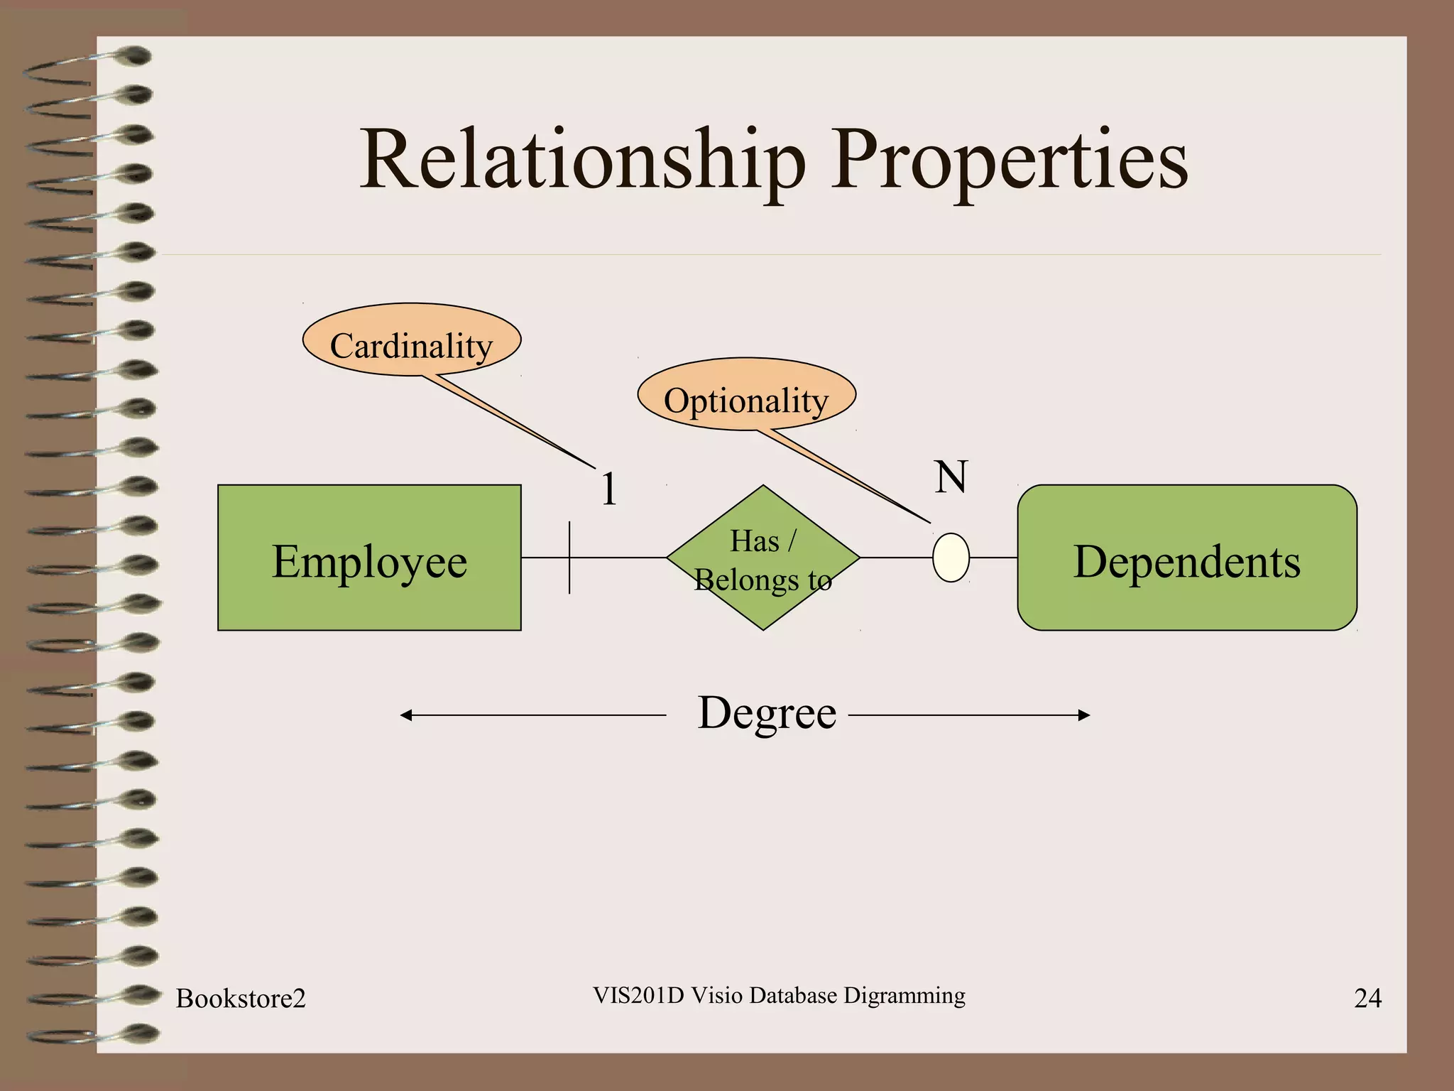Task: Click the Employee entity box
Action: (x=369, y=558)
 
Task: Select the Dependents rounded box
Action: (x=1186, y=558)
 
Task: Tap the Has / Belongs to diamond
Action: (x=763, y=558)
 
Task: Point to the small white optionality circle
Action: (x=951, y=558)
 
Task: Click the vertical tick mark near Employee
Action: (x=569, y=558)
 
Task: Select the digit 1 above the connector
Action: (x=608, y=489)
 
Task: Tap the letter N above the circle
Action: (x=951, y=477)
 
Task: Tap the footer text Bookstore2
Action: (x=241, y=999)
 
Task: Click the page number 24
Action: (x=1367, y=999)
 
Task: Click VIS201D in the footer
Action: (x=638, y=996)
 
